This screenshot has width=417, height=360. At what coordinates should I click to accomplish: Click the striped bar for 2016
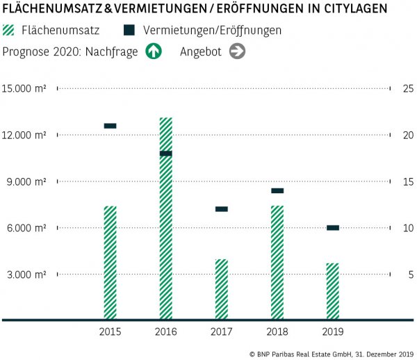click(x=165, y=219)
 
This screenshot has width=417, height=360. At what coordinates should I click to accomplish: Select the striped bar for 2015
click(x=110, y=263)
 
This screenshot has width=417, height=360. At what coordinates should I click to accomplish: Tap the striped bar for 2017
click(x=221, y=289)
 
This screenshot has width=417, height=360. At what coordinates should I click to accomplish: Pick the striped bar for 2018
click(x=277, y=263)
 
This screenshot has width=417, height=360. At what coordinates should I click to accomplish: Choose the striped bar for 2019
click(x=332, y=291)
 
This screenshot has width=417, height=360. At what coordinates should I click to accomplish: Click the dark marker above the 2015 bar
click(x=110, y=126)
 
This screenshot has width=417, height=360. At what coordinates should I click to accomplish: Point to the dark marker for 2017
click(x=221, y=209)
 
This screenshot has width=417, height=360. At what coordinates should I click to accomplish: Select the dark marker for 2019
click(x=332, y=228)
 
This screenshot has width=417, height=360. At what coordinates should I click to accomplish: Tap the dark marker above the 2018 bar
click(x=277, y=190)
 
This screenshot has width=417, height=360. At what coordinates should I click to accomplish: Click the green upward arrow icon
click(x=153, y=51)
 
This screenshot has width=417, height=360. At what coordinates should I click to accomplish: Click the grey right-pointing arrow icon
click(x=238, y=51)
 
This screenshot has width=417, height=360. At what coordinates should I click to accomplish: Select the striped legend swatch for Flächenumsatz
click(x=10, y=31)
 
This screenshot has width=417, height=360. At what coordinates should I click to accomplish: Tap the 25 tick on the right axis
click(x=408, y=88)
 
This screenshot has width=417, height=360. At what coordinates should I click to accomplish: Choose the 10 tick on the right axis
click(x=408, y=228)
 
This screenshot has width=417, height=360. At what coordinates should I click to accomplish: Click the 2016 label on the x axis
click(x=165, y=332)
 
